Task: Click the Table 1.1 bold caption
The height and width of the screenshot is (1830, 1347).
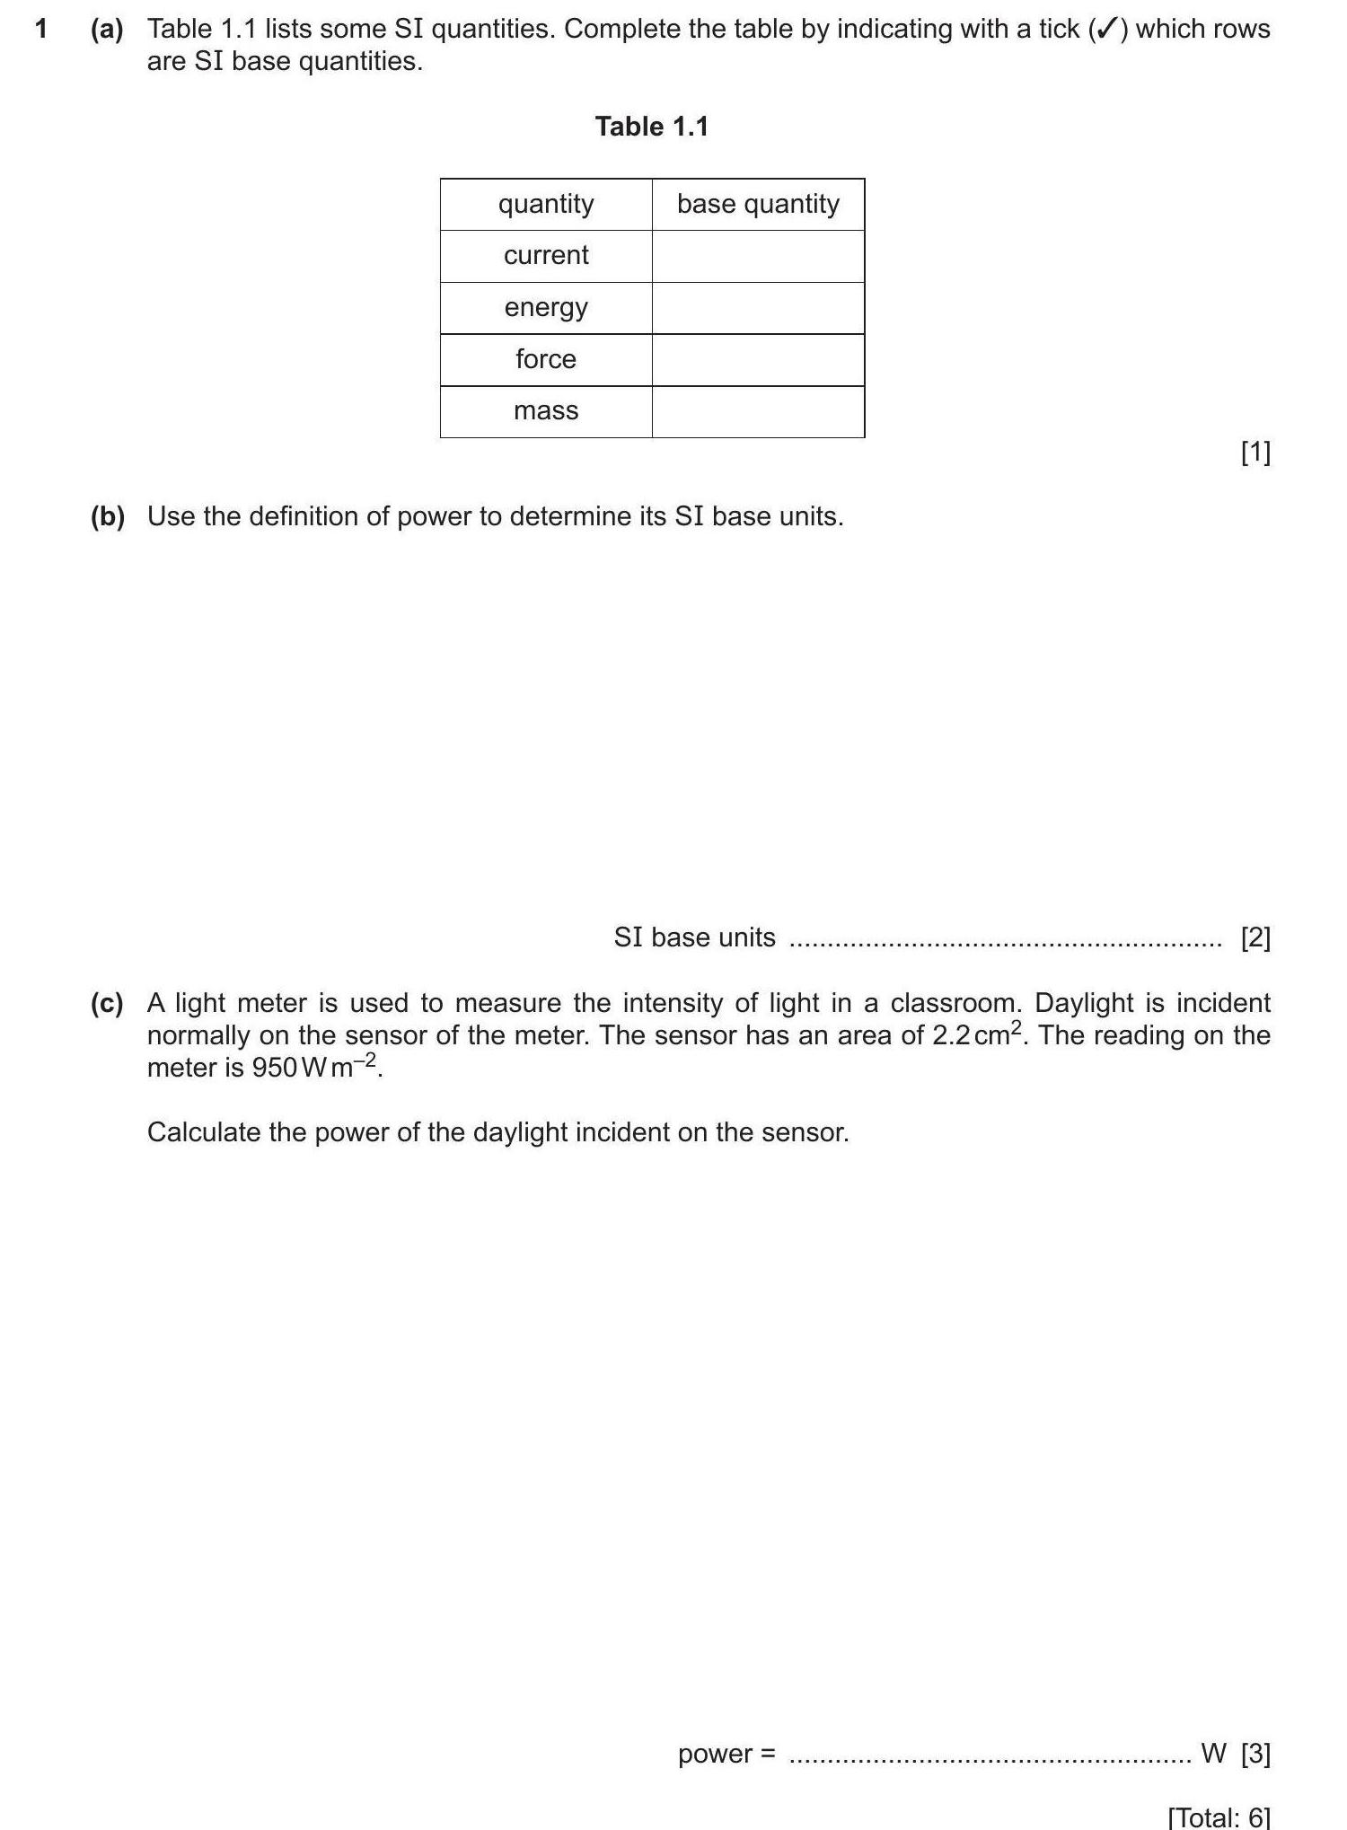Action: [x=652, y=127]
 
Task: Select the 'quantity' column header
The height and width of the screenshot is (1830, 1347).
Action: [x=546, y=204]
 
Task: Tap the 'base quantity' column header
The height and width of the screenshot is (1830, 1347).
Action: [x=758, y=204]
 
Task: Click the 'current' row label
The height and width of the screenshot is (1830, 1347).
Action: [x=546, y=256]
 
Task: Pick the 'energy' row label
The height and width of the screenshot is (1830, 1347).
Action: [x=546, y=308]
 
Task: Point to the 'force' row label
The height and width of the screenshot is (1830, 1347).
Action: [x=546, y=359]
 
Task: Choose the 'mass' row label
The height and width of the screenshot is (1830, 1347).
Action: [x=546, y=411]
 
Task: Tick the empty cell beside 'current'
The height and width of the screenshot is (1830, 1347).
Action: [x=758, y=257]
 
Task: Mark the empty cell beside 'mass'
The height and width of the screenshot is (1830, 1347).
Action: [x=758, y=412]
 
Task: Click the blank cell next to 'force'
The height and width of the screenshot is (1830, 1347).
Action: [x=758, y=360]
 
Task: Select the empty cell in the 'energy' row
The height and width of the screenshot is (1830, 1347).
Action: [x=758, y=308]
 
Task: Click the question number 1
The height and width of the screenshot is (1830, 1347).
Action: [x=40, y=30]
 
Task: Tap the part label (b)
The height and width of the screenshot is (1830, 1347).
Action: [x=108, y=516]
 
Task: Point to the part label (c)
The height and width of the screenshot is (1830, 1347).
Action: [x=107, y=1003]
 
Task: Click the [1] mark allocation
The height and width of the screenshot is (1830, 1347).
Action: [x=1255, y=453]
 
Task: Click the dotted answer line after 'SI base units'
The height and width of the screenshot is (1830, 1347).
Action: [x=1004, y=943]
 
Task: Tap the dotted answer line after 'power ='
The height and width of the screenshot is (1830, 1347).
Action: [x=990, y=1758]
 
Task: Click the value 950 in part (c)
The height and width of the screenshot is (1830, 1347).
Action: [x=275, y=1069]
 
